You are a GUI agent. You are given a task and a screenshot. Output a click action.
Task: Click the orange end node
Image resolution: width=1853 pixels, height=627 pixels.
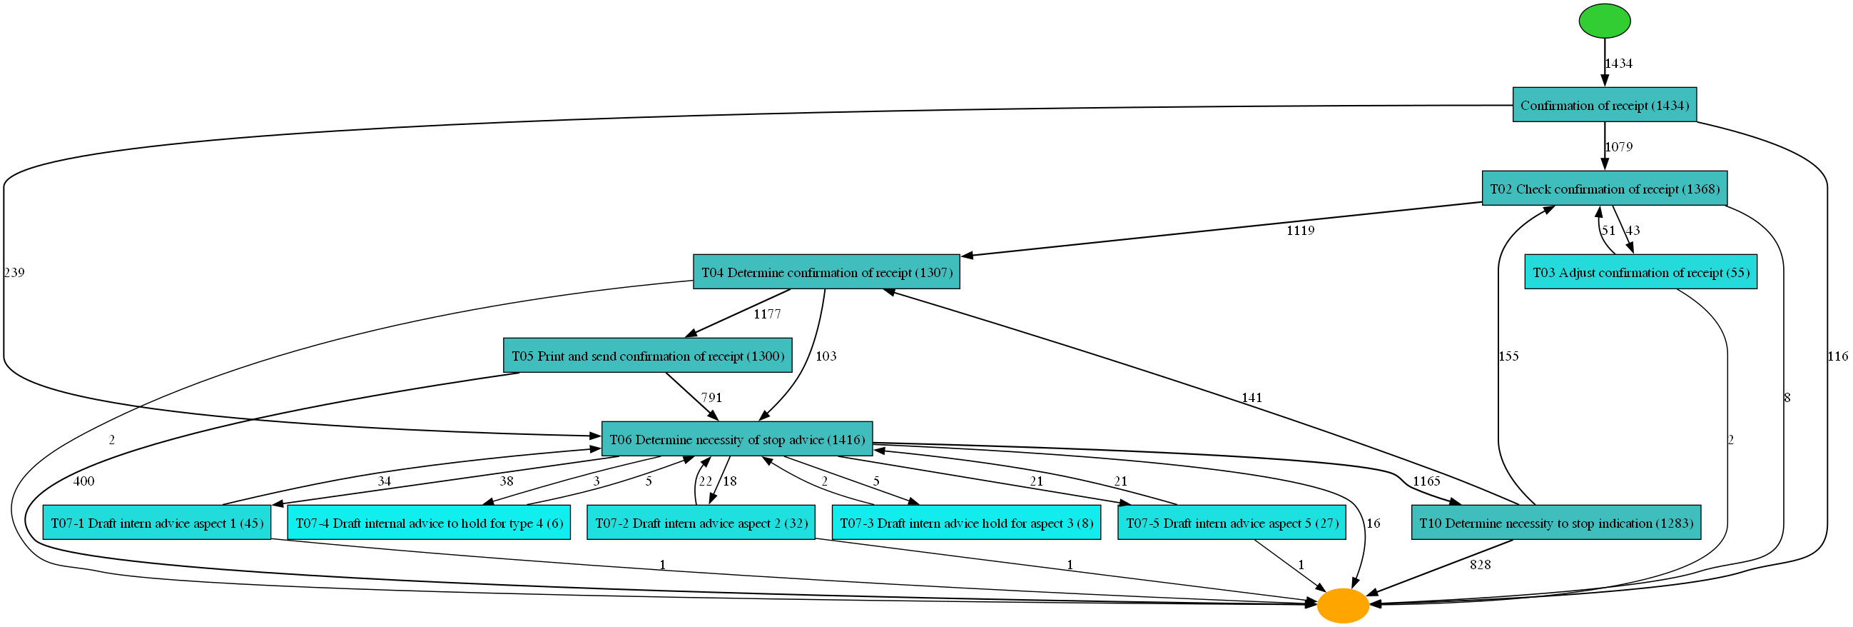coord(1342,606)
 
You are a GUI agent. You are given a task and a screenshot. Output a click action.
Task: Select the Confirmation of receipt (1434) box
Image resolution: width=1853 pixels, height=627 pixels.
coord(1604,105)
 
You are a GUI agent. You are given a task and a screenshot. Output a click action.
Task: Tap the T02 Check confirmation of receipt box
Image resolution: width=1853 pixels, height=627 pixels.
coord(1604,189)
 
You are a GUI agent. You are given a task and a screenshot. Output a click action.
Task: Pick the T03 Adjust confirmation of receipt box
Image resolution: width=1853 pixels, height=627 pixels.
coord(1640,272)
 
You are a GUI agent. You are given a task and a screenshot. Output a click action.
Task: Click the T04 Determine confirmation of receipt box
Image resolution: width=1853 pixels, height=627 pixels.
coord(826,272)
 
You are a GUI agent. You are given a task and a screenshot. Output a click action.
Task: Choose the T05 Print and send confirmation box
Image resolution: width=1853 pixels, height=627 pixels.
coord(647,356)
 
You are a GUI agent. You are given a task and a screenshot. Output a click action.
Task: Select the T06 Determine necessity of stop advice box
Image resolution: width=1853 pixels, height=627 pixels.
coord(736,439)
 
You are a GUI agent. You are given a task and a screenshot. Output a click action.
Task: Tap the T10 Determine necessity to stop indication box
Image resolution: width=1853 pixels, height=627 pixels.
coord(1555,523)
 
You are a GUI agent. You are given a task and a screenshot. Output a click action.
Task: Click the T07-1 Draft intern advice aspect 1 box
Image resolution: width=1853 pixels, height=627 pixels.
coord(157,523)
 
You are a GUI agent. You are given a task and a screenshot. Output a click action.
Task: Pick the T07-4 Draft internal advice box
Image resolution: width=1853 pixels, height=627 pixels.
coord(429,523)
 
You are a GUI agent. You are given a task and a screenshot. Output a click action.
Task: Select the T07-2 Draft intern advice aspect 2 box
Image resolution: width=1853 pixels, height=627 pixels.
coord(701,523)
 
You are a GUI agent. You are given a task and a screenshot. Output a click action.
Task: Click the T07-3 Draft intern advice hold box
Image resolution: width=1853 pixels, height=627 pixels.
coord(966,523)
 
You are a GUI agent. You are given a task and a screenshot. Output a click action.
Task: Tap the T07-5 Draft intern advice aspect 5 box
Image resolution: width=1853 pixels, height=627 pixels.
coord(1232,523)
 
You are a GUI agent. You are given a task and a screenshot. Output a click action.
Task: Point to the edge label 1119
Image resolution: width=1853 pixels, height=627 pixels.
coord(1300,231)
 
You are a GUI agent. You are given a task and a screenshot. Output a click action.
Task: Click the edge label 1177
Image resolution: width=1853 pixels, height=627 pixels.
coord(767,314)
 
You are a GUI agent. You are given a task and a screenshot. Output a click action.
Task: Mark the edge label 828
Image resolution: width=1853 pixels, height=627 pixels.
coord(1480,565)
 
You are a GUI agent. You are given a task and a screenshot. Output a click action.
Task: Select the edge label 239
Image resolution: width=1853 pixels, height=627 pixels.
coord(14,272)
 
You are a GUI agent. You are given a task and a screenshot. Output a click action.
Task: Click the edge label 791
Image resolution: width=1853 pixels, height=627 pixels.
coord(711,397)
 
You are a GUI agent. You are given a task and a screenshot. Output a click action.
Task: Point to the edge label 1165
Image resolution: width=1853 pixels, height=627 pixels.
coord(1426,481)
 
